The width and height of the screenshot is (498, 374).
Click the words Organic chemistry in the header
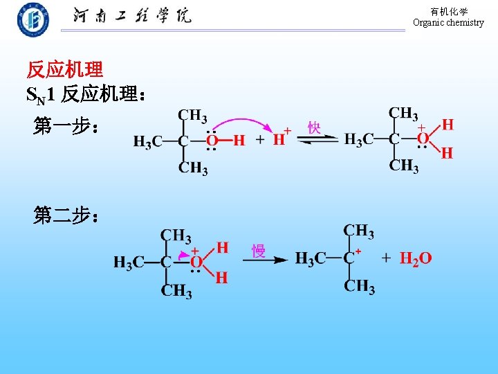tap(448, 23)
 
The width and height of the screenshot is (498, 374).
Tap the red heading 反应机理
tap(65, 69)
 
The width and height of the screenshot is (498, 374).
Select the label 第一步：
tap(67, 126)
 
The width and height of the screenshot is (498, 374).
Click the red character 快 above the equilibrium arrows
tap(314, 127)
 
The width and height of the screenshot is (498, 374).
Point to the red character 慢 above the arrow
tap(259, 250)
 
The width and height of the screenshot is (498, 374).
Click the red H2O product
tap(416, 259)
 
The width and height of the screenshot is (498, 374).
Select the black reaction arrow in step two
tap(265, 260)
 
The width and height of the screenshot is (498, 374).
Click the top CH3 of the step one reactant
tap(193, 115)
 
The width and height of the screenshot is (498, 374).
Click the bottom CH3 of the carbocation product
tap(359, 285)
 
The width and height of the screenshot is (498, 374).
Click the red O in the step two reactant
tap(196, 262)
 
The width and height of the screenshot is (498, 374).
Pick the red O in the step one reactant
tap(214, 141)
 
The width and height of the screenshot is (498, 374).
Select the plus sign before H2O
tap(386, 258)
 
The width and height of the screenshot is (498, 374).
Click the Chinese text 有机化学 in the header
tap(449, 12)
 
